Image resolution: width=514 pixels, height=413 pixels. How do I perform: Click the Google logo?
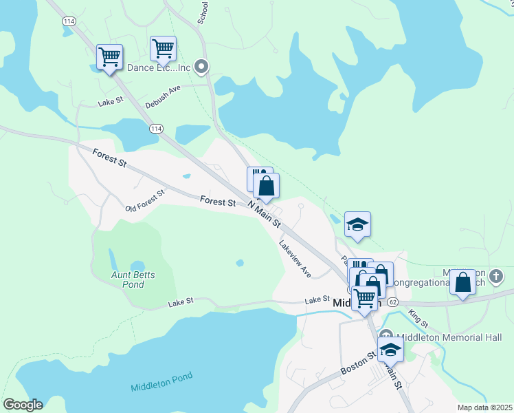[22, 405]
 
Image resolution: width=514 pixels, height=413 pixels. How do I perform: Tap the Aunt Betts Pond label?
[134, 279]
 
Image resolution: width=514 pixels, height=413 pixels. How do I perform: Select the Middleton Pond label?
[161, 383]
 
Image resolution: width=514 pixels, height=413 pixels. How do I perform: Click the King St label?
[418, 319]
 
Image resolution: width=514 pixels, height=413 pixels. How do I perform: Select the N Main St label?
[265, 214]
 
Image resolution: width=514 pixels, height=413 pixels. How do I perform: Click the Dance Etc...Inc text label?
[158, 67]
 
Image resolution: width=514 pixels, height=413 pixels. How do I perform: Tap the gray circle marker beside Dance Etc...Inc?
[201, 67]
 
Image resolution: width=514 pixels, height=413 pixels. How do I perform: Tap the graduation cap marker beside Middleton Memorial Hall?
[390, 350]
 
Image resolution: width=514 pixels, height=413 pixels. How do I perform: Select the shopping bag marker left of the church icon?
[463, 283]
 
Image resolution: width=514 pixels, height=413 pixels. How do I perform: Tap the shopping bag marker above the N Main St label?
[267, 186]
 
